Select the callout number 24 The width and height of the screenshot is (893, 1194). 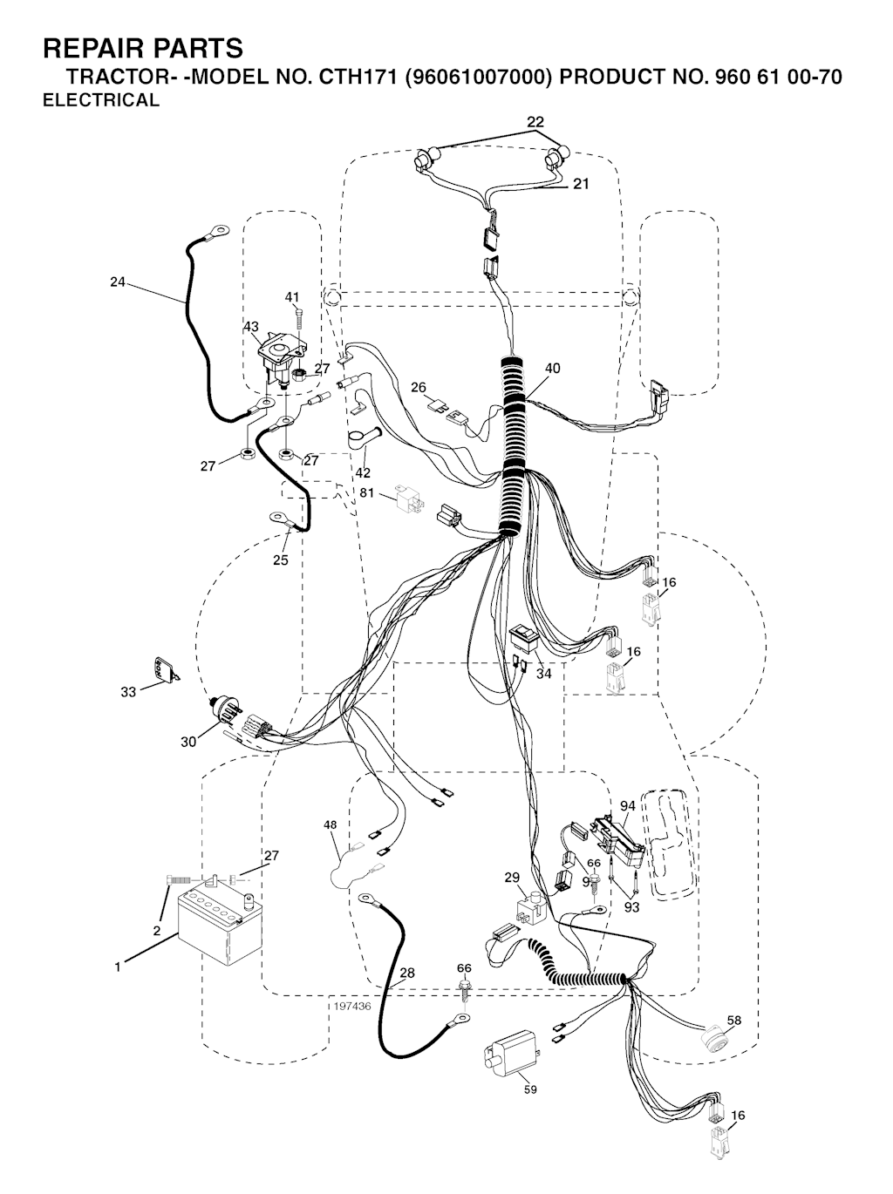118,282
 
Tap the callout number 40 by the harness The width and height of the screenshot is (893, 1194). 552,369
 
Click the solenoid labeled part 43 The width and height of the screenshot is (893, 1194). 278,353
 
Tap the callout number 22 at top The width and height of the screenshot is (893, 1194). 535,121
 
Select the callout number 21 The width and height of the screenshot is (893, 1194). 581,184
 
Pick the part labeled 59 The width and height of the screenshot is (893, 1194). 508,1059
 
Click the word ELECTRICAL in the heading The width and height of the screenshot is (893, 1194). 101,100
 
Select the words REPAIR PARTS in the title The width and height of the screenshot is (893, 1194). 143,47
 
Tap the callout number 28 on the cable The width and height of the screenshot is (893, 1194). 406,974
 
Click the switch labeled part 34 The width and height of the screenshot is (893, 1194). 525,638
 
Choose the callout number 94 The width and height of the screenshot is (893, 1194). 628,806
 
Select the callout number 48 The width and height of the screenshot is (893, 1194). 330,824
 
